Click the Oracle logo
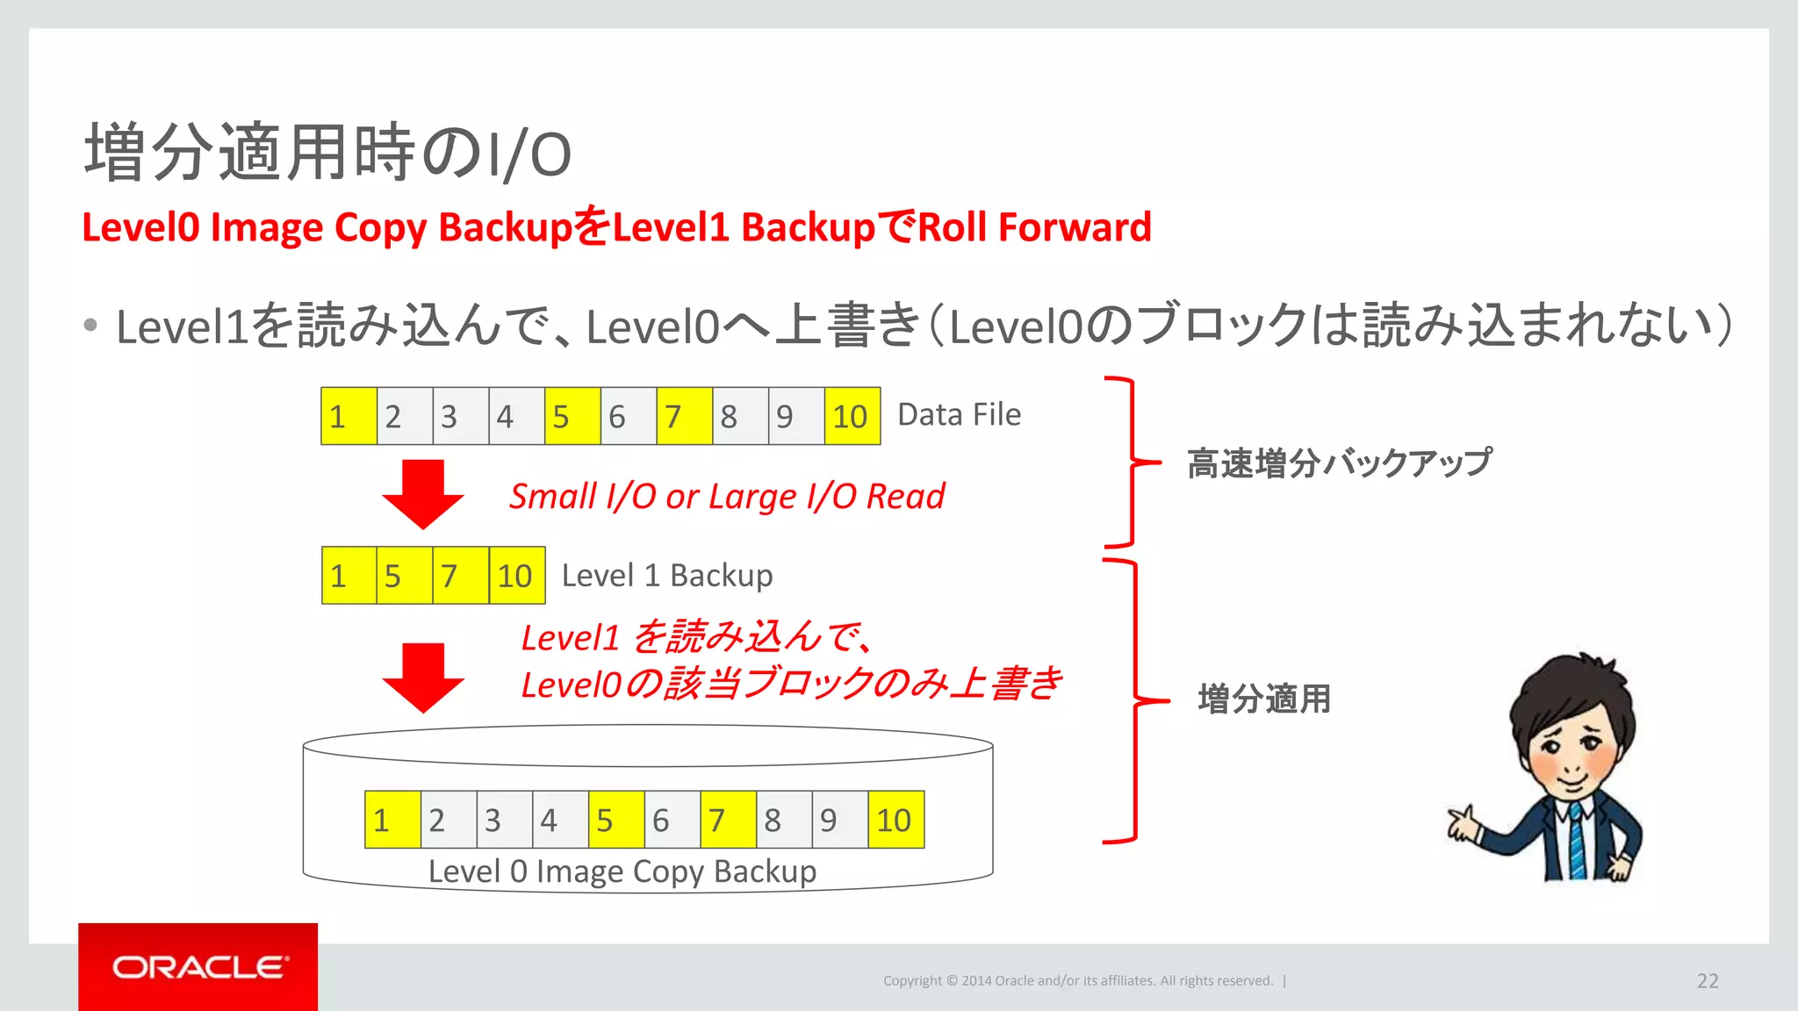pyautogui.click(x=198, y=967)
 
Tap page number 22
pyautogui.click(x=1707, y=981)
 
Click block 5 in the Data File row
pyautogui.click(x=572, y=416)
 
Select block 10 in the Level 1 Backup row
pyautogui.click(x=516, y=576)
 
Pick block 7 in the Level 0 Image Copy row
pyautogui.click(x=728, y=820)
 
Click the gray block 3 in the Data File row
pyautogui.click(x=460, y=416)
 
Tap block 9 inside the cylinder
pyautogui.click(x=838, y=820)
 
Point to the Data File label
pyautogui.click(x=959, y=414)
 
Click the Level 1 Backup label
pyautogui.click(x=667, y=576)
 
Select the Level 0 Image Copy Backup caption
pyautogui.click(x=622, y=871)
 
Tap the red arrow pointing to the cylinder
pyautogui.click(x=423, y=677)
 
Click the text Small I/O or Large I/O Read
pyautogui.click(x=727, y=497)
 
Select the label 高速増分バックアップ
pyautogui.click(x=1339, y=462)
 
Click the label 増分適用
pyautogui.click(x=1264, y=699)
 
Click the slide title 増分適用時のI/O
pyautogui.click(x=327, y=153)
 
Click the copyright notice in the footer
pyautogui.click(x=1077, y=981)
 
